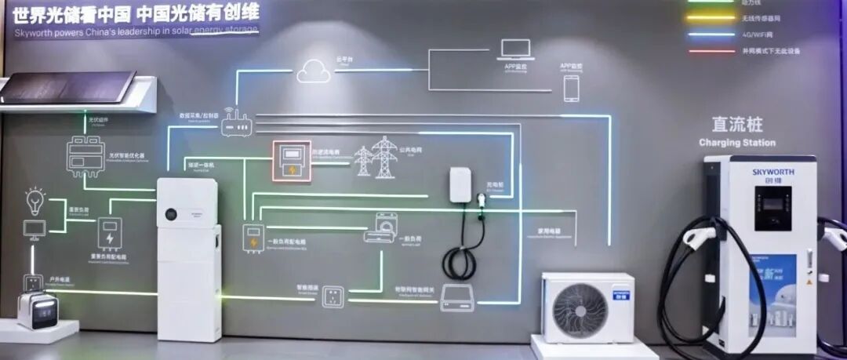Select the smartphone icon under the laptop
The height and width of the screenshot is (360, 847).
[571, 88]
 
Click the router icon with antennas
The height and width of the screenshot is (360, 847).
[235, 122]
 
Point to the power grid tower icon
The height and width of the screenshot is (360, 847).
[376, 158]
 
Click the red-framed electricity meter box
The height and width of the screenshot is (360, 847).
[292, 162]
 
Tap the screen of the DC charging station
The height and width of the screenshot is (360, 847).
[772, 207]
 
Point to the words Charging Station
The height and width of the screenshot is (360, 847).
[736, 143]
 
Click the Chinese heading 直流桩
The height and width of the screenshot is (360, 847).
[736, 125]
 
